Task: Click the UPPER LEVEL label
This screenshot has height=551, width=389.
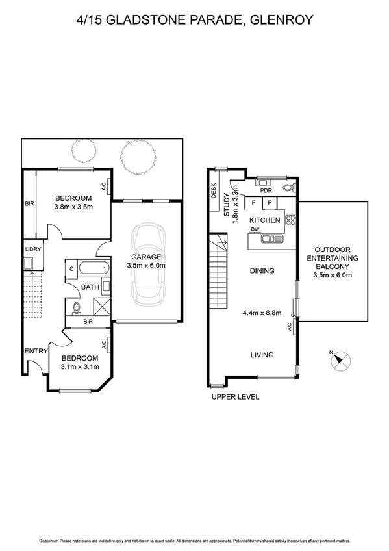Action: point(235,396)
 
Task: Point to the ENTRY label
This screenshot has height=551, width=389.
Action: point(36,351)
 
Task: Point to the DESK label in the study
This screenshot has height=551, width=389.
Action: point(213,190)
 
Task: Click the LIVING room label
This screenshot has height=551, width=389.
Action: point(262,355)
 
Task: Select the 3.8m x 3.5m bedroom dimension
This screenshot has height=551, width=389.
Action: point(73,207)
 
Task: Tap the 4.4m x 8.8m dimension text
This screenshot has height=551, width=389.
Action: point(262,313)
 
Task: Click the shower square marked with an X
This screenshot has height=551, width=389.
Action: point(99,305)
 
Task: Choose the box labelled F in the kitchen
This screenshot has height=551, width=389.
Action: point(253,203)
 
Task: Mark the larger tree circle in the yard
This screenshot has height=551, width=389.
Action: point(138,156)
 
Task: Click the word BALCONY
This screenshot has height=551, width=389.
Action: point(333,266)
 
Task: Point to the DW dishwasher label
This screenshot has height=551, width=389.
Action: point(256,229)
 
